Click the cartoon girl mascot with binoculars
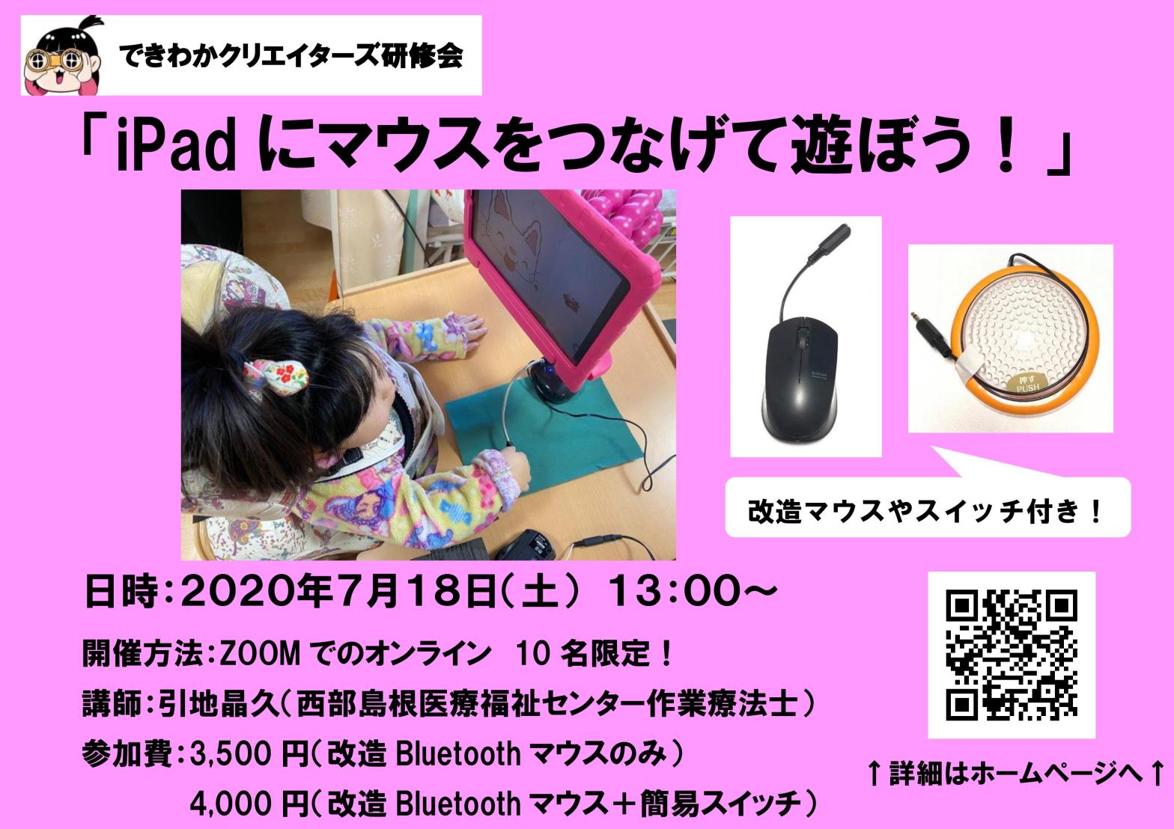(63, 57)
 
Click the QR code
(1012, 655)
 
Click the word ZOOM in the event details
(260, 654)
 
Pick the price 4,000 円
(249, 804)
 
